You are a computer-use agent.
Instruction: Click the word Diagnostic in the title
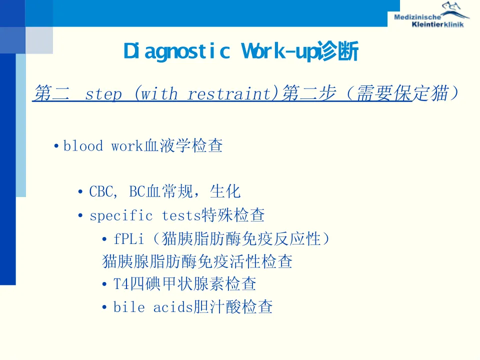[176, 51]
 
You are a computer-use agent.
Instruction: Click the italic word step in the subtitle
[103, 94]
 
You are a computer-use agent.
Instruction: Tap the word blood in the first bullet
[83, 145]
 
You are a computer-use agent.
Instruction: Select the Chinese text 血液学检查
[183, 145]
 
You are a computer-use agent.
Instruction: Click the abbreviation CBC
[101, 191]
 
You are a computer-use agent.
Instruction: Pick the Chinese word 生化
[225, 191]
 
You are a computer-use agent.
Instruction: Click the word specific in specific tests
[121, 216]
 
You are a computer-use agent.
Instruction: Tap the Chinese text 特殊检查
[233, 215]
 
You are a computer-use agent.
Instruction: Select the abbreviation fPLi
[128, 239]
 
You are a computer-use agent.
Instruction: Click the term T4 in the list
[121, 284]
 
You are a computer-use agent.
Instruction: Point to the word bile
[129, 306]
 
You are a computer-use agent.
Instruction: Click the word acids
[173, 306]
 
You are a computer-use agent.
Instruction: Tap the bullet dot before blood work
[56, 145]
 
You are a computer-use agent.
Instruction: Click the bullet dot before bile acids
[104, 306]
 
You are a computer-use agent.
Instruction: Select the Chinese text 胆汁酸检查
[233, 306]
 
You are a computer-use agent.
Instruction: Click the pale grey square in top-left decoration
[39, 40]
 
